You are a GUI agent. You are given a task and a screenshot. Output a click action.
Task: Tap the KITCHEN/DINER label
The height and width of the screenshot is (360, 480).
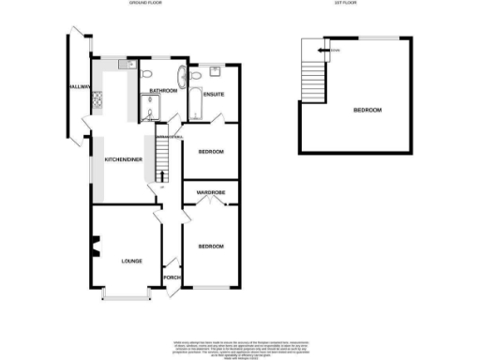click(x=124, y=160)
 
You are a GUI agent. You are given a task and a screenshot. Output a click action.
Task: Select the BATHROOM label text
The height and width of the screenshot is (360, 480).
click(x=163, y=91)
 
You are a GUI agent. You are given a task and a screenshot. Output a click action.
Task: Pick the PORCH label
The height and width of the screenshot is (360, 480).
click(x=172, y=277)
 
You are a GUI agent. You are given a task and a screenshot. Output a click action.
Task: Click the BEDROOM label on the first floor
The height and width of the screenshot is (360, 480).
click(x=367, y=111)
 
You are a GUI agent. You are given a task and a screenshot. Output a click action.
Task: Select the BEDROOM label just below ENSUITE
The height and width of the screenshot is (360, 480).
click(x=210, y=151)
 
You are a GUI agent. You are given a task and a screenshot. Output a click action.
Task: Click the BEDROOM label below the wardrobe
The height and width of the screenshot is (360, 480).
click(x=210, y=247)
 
